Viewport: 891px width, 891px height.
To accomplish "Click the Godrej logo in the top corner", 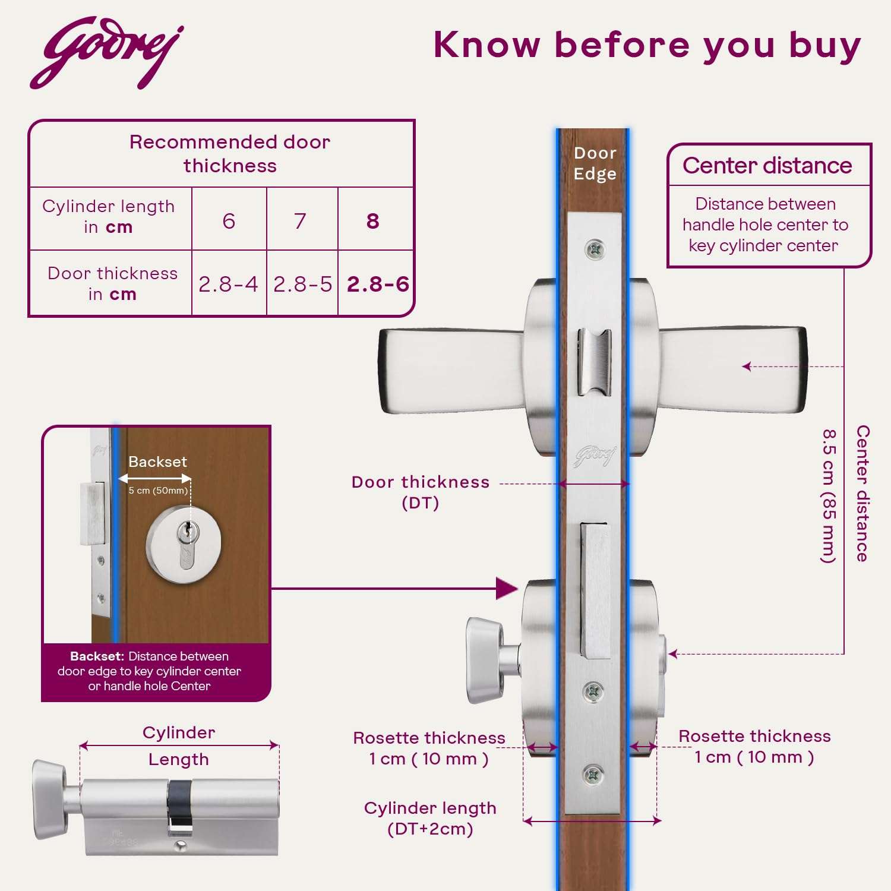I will (x=107, y=52).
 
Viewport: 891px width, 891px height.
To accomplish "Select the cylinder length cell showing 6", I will (x=229, y=221).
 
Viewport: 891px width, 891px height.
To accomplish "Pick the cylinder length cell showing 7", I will (x=301, y=221).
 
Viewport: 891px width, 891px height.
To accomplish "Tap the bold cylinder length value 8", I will (x=373, y=221).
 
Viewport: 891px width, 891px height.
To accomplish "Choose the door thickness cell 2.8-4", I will (x=229, y=284).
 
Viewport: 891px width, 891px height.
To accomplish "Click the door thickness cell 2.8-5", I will (x=302, y=284).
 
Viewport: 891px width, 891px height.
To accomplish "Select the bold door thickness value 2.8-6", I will (x=378, y=284).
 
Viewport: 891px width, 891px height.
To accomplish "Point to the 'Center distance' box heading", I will (x=767, y=165).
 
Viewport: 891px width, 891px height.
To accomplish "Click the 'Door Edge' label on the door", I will (x=595, y=163).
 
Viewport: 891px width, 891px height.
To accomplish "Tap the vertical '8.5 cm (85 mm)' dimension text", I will (x=829, y=495).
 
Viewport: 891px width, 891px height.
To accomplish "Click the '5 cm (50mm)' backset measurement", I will (x=158, y=491).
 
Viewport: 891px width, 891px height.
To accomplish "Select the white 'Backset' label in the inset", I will (x=157, y=462).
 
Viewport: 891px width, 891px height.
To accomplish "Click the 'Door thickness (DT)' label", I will (x=421, y=492).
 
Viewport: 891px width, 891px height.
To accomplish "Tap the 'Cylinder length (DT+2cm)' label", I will (x=430, y=818).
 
